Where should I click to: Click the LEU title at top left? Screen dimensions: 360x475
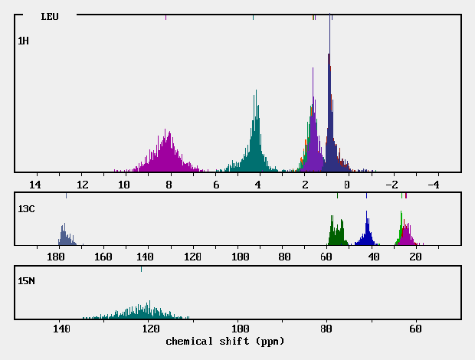point(49,16)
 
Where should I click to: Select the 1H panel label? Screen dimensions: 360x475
point(23,40)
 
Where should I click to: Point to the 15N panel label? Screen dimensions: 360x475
point(26,281)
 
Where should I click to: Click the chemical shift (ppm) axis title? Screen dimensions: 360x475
point(222,340)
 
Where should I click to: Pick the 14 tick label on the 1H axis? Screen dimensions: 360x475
point(34,185)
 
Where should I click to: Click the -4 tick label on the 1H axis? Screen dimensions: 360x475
point(432,185)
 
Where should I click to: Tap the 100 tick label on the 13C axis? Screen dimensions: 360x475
point(241,257)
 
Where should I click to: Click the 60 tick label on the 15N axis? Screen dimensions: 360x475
point(416,329)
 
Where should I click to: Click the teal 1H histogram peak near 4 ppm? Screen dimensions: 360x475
point(257,92)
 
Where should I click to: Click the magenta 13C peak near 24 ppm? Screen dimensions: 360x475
point(407,227)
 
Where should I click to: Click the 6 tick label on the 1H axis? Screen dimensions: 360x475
point(216,185)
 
